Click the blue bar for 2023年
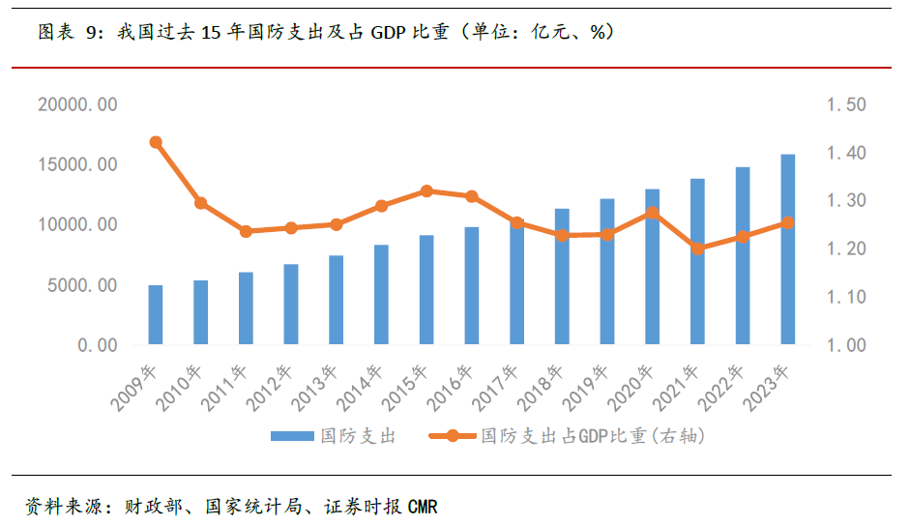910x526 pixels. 788,249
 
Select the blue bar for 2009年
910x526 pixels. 156,315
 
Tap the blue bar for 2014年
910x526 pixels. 381,295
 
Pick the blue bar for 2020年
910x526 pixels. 653,267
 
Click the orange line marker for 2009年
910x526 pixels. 156,142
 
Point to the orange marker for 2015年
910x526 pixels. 426,191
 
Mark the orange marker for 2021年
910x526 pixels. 697,248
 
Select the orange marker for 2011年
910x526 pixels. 246,231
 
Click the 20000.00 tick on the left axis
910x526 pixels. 77,104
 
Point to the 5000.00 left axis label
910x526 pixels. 82,285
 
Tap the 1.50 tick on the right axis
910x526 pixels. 846,104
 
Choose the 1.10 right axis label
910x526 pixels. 846,297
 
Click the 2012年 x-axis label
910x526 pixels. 272,385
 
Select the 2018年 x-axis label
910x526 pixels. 543,385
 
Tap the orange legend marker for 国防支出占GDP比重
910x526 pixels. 451,436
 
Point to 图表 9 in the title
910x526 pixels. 68,32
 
